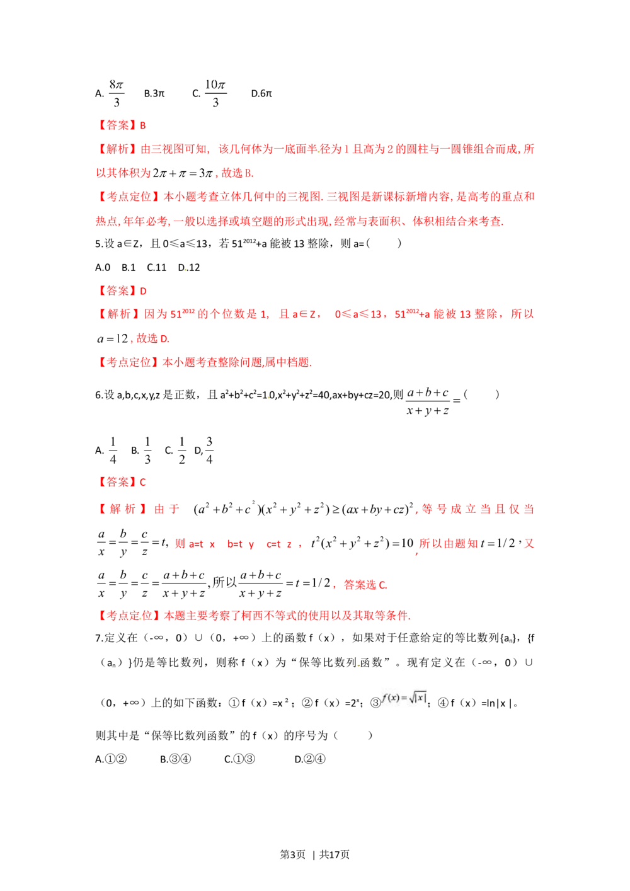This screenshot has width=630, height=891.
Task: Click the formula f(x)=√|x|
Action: (404, 698)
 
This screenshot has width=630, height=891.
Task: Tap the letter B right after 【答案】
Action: (143, 125)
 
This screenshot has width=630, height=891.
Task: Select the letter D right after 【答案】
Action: (143, 291)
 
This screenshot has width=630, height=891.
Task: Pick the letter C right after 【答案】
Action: (142, 483)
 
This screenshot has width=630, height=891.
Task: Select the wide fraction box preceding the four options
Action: (433, 403)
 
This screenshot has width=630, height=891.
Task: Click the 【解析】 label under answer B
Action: (116, 149)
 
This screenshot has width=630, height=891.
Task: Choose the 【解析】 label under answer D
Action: (116, 314)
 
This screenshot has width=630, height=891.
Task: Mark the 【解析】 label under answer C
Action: (116, 508)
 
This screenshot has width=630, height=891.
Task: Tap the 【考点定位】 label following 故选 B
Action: (126, 197)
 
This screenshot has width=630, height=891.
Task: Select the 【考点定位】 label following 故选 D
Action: (126, 362)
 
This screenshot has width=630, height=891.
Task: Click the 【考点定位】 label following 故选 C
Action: (126, 616)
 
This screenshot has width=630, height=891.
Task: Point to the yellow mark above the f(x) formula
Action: (359, 665)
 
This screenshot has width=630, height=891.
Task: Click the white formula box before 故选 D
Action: (112, 338)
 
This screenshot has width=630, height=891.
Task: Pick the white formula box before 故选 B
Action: (183, 171)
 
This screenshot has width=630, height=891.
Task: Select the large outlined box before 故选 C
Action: (214, 584)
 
